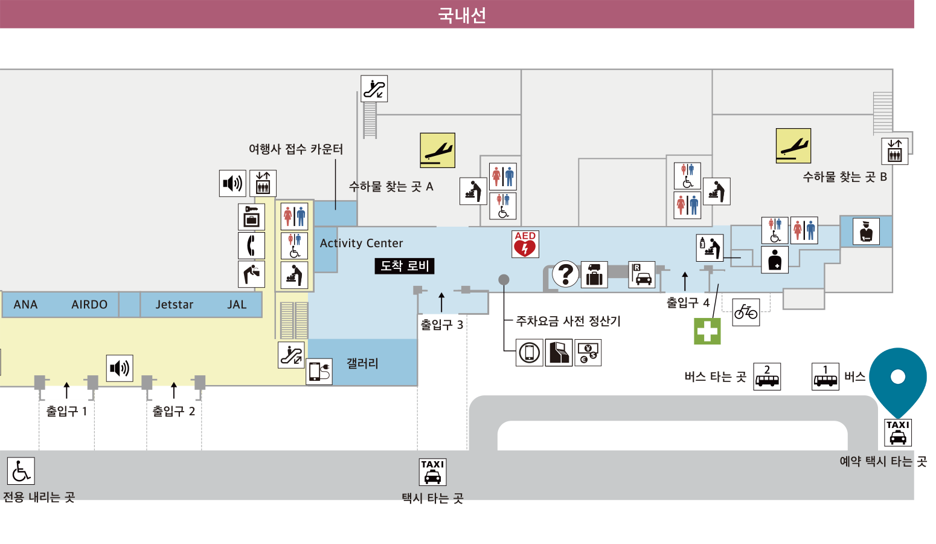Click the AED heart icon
pyautogui.click(x=525, y=244)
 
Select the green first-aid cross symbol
pyautogui.click(x=707, y=331)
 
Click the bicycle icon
pyautogui.click(x=746, y=312)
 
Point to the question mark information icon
pyautogui.click(x=565, y=274)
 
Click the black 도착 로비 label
pyautogui.click(x=405, y=266)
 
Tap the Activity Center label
pyautogui.click(x=362, y=243)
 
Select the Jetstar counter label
pyautogui.click(x=175, y=305)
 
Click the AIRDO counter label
pyautogui.click(x=89, y=305)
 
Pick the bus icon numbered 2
pyautogui.click(x=767, y=377)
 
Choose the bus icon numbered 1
pyautogui.click(x=825, y=377)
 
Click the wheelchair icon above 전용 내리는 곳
pyautogui.click(x=21, y=471)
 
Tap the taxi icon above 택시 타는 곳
pyautogui.click(x=432, y=472)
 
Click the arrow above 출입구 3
pyautogui.click(x=441, y=302)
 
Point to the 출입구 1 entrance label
pyautogui.click(x=66, y=411)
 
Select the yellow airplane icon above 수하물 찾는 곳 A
pyautogui.click(x=437, y=151)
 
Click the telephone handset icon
pyautogui.click(x=251, y=245)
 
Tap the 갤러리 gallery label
pyautogui.click(x=362, y=363)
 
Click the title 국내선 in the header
pyautogui.click(x=462, y=15)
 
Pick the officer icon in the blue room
pyautogui.click(x=866, y=232)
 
